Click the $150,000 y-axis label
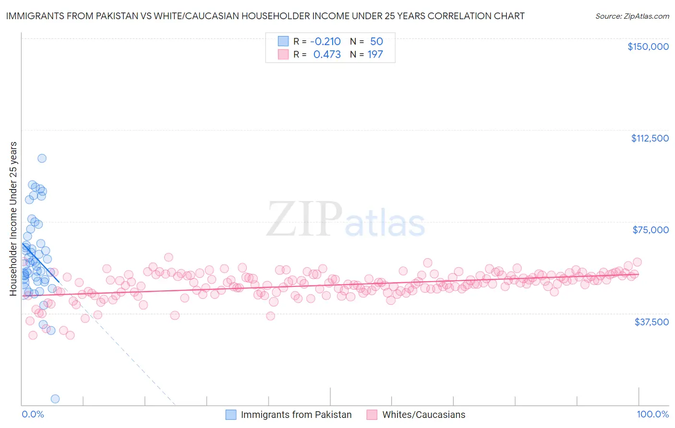pyautogui.click(x=648, y=47)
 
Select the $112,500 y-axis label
pyautogui.click(x=650, y=138)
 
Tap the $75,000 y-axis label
pyautogui.click(x=651, y=230)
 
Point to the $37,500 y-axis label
pyautogui.click(x=651, y=322)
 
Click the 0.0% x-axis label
pyautogui.click(x=33, y=414)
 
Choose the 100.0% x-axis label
pyautogui.click(x=652, y=414)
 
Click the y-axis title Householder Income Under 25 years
pyautogui.click(x=13, y=218)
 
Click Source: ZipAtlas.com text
pyautogui.click(x=632, y=16)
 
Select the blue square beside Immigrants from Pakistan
pyautogui.click(x=231, y=415)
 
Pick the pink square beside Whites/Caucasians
pyautogui.click(x=372, y=415)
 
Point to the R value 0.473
pyautogui.click(x=327, y=54)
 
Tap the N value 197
pyautogui.click(x=375, y=54)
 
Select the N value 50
pyautogui.click(x=376, y=41)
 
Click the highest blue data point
pyautogui.click(x=42, y=158)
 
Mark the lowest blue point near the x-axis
pyautogui.click(x=55, y=399)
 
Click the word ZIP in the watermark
pyautogui.click(x=304, y=220)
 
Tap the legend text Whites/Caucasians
pyautogui.click(x=423, y=415)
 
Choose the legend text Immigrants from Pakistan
pyautogui.click(x=296, y=415)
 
